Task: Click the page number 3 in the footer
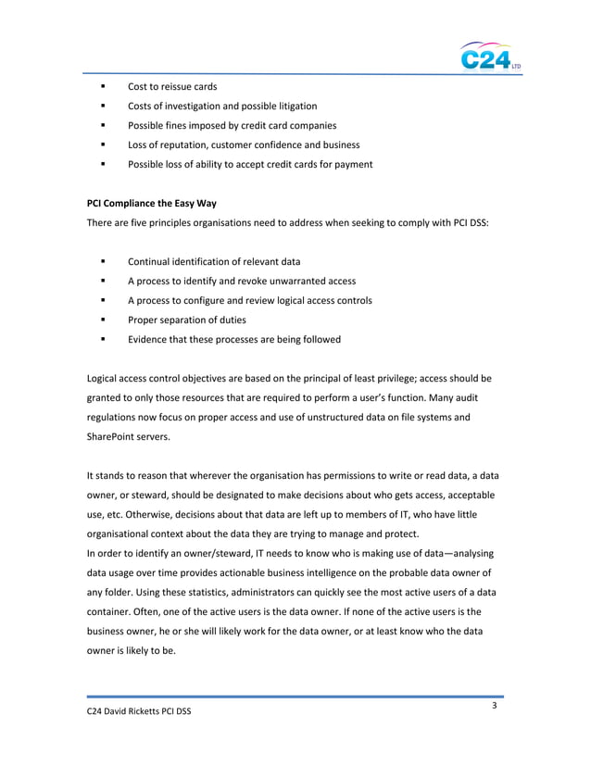(496, 708)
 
